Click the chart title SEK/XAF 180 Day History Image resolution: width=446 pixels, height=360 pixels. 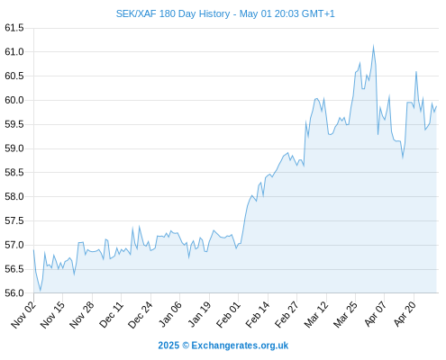[173, 13]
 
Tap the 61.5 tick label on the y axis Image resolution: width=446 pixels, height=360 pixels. [14, 28]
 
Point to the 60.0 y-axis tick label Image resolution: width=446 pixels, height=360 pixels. [14, 100]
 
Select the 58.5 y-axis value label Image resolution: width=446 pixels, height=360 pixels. [14, 173]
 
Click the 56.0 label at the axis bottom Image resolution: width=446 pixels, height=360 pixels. [14, 292]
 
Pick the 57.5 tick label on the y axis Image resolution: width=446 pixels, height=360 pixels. [14, 220]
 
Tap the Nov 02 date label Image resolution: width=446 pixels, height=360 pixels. [23, 315]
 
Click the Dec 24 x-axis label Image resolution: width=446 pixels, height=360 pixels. [141, 315]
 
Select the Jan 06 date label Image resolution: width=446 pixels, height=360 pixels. [169, 315]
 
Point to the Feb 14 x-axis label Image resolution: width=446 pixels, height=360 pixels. [258, 315]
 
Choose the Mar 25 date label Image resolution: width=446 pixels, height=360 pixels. [345, 315]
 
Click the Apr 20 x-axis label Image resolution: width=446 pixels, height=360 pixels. [405, 315]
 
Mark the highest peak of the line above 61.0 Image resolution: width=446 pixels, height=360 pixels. [373, 46]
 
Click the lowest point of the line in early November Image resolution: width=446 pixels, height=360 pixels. [40, 291]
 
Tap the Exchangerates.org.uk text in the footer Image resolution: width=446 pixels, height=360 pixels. [240, 346]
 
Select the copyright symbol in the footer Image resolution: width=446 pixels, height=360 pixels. [186, 346]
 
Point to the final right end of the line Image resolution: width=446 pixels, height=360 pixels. [436, 106]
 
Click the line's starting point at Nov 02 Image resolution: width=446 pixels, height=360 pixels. [33, 250]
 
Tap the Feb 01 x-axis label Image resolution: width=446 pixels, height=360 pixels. [228, 315]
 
